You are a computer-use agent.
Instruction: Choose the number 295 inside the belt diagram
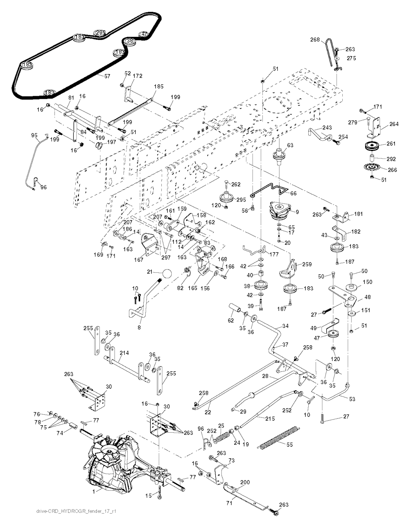point(99,33)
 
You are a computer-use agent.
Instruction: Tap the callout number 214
point(125,353)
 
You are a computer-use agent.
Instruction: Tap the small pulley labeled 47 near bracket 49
point(332,335)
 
